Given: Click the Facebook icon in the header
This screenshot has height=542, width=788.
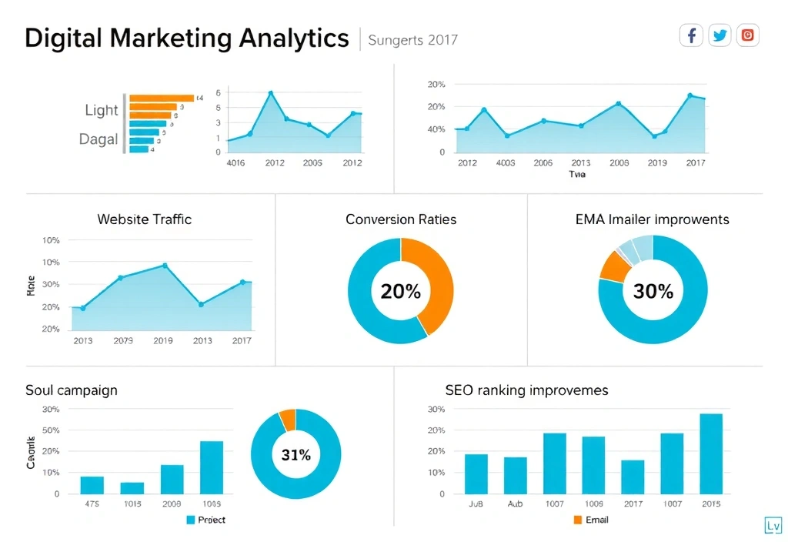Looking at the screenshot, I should click(x=691, y=35).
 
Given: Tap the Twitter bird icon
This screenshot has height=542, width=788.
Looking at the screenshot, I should click(x=720, y=35).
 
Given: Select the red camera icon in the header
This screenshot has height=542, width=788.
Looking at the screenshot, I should click(x=747, y=35).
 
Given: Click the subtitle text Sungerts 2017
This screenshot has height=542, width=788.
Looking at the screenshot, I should click(x=412, y=39).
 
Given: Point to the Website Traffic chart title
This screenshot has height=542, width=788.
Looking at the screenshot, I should click(x=144, y=219).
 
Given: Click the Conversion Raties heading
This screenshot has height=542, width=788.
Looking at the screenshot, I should click(x=401, y=219).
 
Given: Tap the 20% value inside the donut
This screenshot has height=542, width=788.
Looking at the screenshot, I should click(x=401, y=292).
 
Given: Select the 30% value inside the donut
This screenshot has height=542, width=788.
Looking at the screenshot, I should click(x=653, y=291).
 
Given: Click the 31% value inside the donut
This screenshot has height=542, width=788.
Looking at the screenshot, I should click(x=295, y=455).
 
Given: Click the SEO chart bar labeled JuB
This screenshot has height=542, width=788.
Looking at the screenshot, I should click(x=476, y=473).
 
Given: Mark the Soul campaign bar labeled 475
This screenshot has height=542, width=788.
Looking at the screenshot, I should click(x=92, y=485).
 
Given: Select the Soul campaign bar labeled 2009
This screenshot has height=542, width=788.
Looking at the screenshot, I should click(x=172, y=479).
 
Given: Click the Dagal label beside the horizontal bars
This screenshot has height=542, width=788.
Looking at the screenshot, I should click(x=98, y=139).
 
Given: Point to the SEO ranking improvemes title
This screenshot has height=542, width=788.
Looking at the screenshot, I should click(x=526, y=390).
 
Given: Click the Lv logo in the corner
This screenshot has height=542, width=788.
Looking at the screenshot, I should click(x=773, y=526).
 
